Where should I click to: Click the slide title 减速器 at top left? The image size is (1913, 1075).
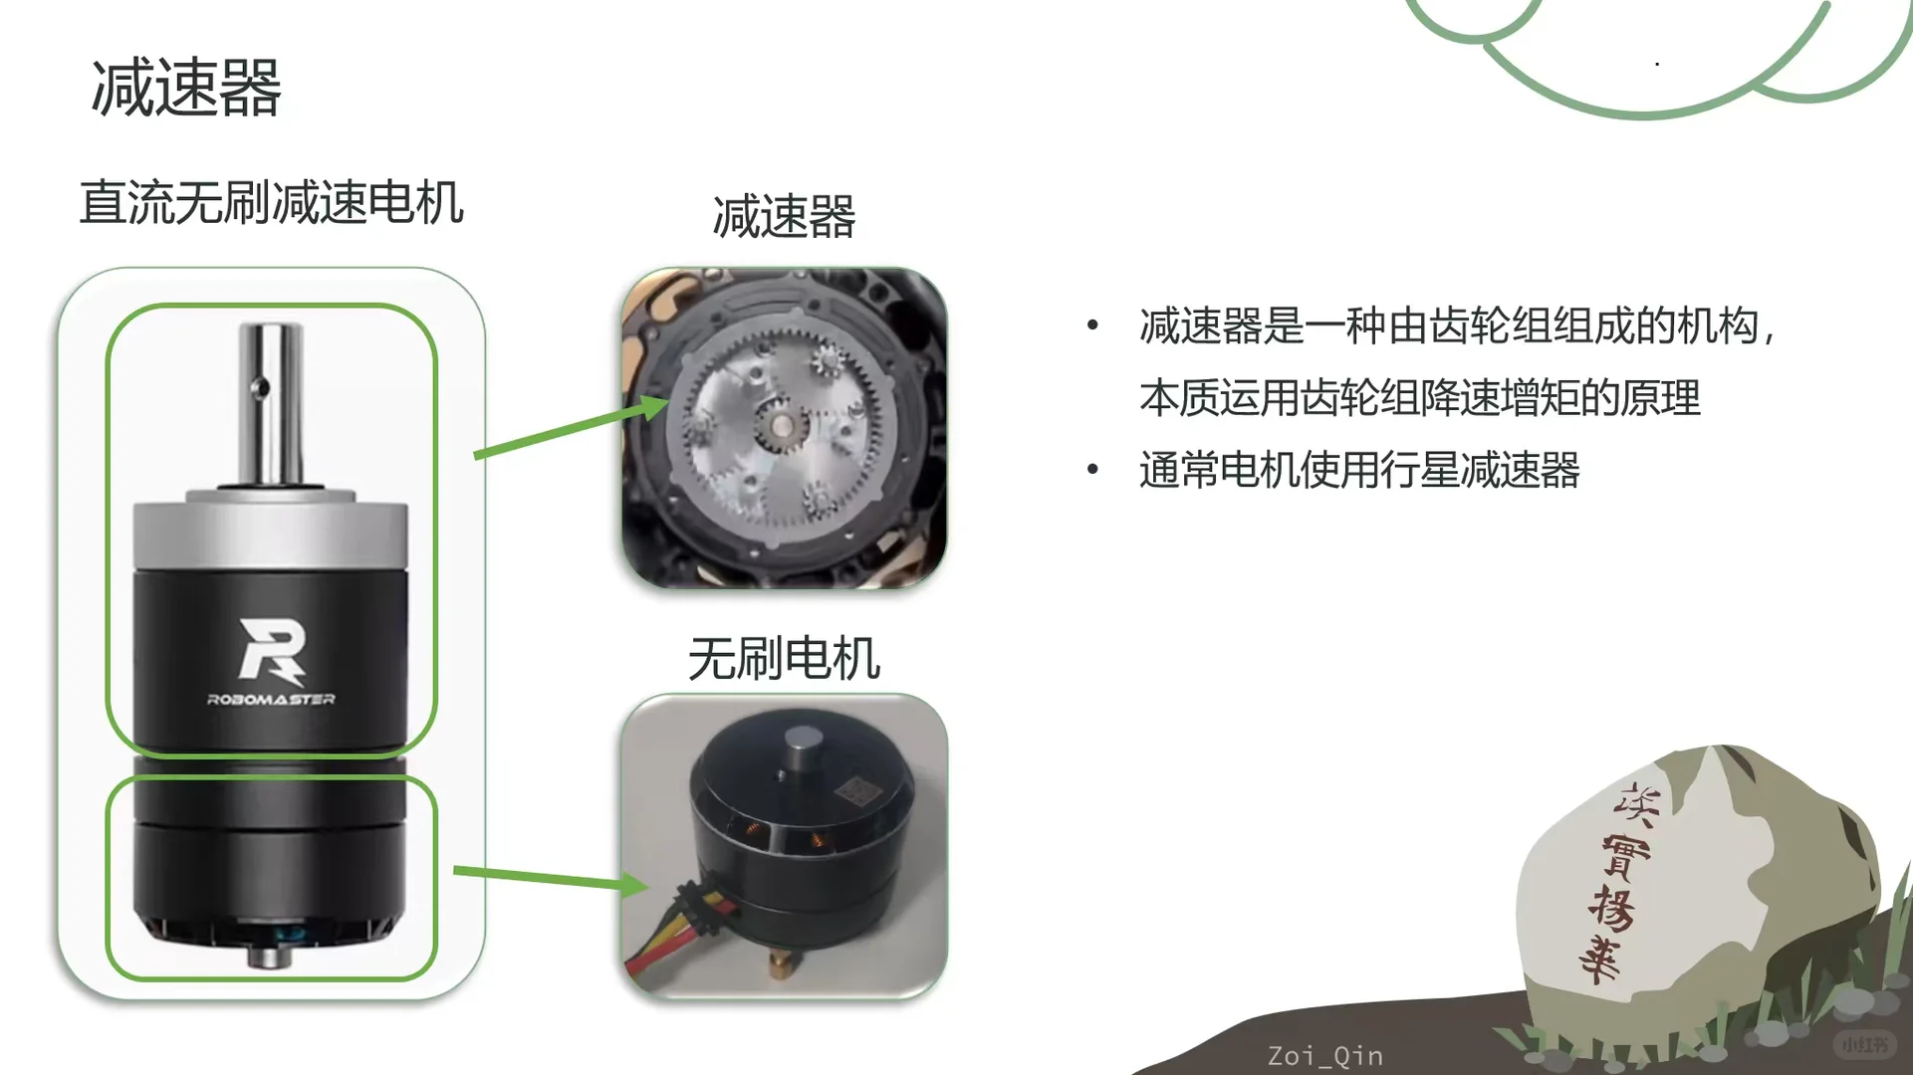pos(186,88)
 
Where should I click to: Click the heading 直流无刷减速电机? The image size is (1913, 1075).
pos(271,203)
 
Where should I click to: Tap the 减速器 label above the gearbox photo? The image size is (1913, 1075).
pos(784,216)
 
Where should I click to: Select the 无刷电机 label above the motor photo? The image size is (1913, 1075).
pos(784,659)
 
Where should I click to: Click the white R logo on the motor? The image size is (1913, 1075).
pos(271,650)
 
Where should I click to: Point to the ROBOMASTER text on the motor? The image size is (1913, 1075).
pos(271,699)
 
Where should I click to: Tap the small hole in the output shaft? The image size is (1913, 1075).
pos(260,386)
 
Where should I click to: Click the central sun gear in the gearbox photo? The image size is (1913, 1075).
pos(781,429)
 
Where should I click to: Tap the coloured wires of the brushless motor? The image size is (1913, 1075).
pos(677,926)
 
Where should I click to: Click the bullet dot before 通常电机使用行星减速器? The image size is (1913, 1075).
pos(1092,469)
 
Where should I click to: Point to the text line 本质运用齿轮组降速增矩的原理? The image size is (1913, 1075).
pos(1419,398)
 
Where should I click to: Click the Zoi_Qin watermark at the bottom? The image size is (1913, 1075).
pos(1324,1055)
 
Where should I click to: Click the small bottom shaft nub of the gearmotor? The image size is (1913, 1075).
pos(264,957)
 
